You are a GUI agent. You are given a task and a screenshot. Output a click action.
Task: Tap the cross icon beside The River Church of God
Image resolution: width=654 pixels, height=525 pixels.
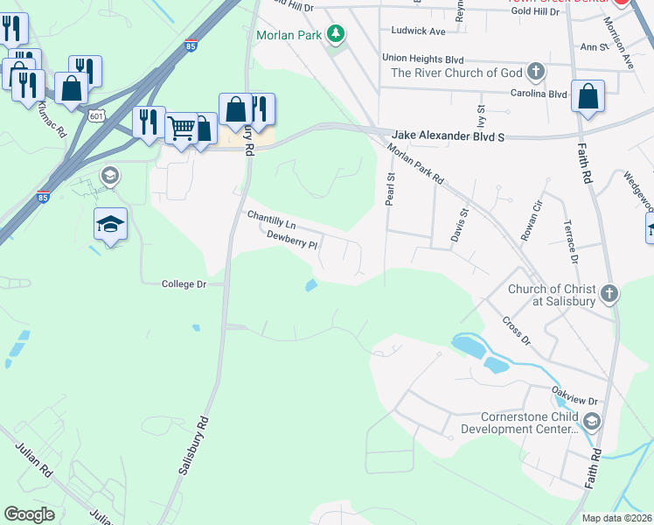tap(536, 73)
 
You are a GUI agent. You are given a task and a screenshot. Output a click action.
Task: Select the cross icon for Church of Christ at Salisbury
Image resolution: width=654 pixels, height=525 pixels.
tap(609, 294)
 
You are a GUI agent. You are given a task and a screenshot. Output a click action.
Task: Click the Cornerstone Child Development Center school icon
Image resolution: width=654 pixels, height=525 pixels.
tap(592, 423)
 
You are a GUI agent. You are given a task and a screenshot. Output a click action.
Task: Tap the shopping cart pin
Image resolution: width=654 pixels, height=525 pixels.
tap(181, 128)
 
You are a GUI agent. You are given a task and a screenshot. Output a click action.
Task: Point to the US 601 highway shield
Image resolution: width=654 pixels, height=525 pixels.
tap(97, 115)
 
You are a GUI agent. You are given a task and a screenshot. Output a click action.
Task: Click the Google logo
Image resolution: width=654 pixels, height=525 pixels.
tap(29, 514)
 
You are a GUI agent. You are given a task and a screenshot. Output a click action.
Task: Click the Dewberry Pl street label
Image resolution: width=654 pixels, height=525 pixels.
tap(291, 240)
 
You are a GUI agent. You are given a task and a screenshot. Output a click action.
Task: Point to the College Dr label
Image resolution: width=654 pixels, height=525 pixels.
tap(184, 284)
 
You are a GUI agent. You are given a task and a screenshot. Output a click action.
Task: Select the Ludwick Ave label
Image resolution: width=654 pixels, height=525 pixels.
tap(419, 31)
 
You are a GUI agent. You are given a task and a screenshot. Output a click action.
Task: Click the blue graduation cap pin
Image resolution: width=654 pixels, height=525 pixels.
tap(111, 224)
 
